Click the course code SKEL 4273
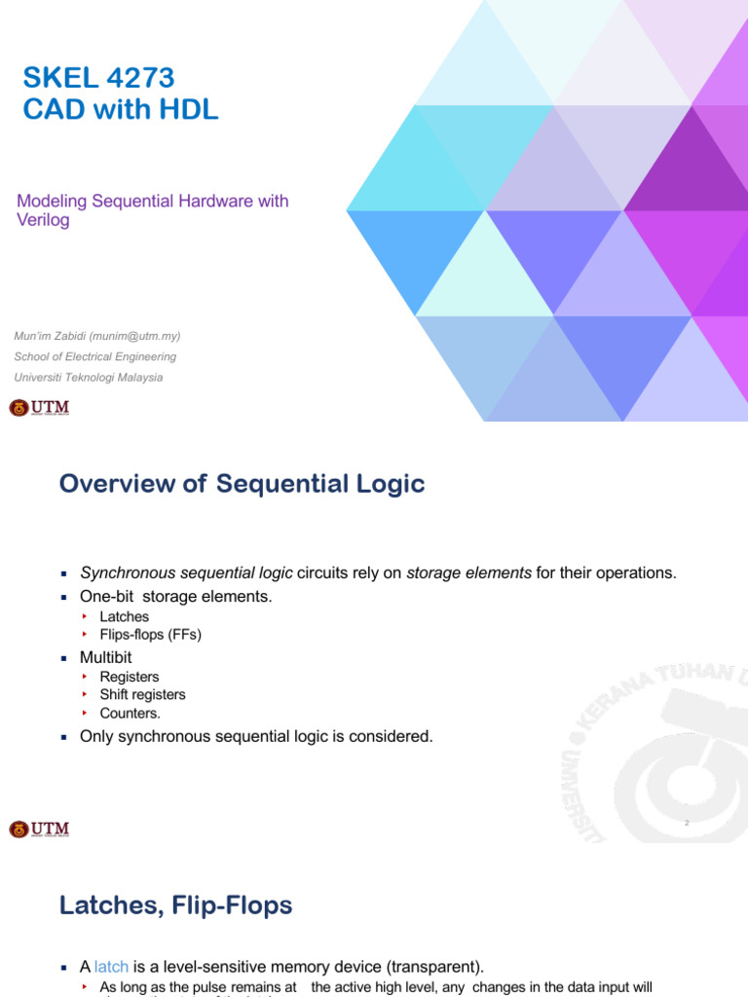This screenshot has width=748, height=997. pos(98,77)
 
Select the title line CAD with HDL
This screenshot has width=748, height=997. pos(121,110)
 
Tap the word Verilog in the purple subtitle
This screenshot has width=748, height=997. pos(43,220)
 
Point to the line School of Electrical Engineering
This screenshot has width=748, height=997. pos(94,356)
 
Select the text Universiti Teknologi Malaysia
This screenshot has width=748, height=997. pos(89,377)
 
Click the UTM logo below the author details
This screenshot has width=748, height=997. pos(40,407)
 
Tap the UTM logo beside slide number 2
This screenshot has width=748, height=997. pos(40,830)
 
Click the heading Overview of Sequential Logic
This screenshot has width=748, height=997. pos(242,484)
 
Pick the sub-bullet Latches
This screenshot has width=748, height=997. pos(124,616)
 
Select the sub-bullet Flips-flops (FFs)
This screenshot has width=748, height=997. pos(150,634)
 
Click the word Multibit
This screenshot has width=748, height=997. pos(105,657)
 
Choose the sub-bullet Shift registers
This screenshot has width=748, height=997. pos(142,694)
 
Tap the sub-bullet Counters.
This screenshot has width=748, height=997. pos(130,713)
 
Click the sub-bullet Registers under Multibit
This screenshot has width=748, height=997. pos(130,677)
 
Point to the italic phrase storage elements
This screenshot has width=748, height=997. pos(468,572)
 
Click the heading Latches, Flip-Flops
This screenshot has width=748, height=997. pos(175,905)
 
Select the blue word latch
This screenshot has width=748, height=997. pos(111,967)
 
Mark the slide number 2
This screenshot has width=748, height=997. pos(687,823)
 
